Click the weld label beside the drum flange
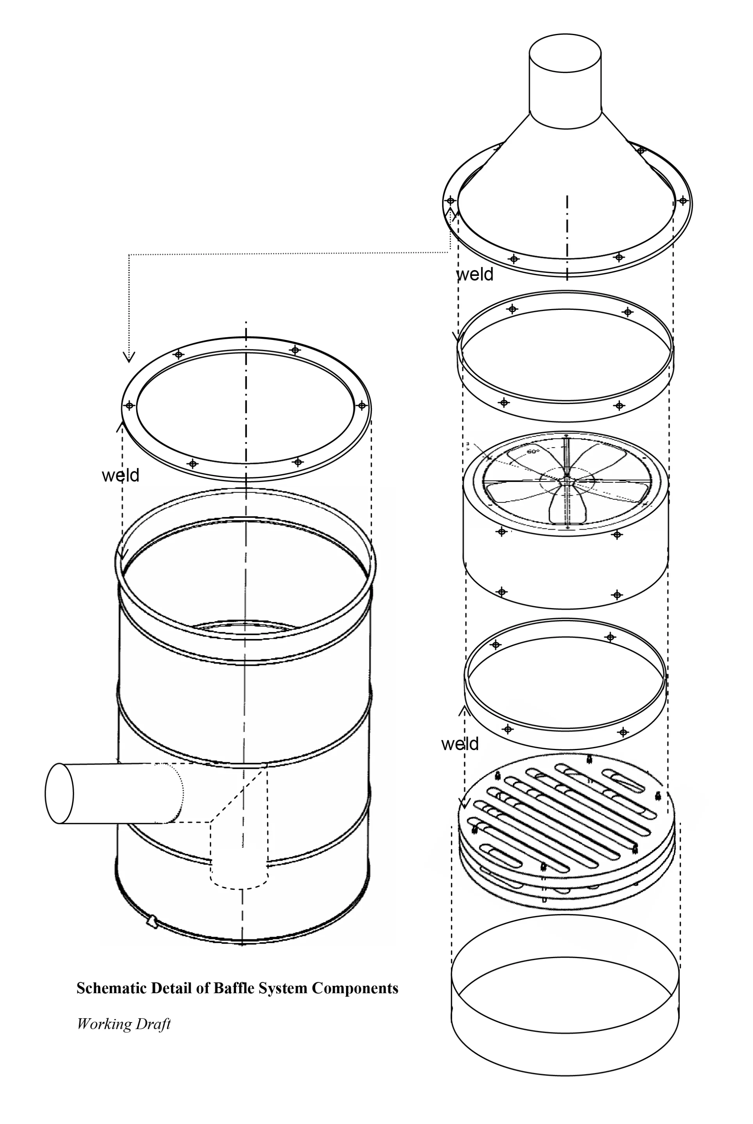click(121, 475)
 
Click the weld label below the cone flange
click(474, 274)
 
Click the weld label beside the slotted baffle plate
click(460, 743)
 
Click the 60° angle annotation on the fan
click(533, 452)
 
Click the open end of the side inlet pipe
click(59, 793)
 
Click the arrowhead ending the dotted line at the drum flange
click(129, 356)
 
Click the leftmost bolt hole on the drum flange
click(129, 405)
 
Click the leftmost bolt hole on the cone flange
click(451, 200)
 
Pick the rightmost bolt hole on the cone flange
click(682, 200)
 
